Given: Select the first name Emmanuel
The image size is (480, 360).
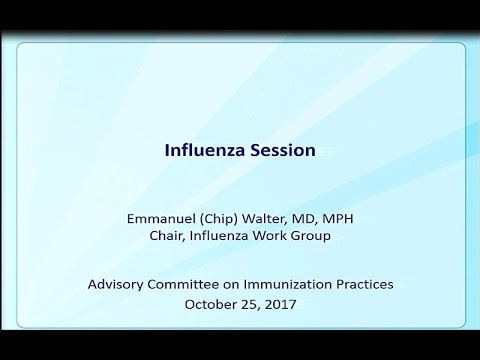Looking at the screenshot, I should (x=156, y=217).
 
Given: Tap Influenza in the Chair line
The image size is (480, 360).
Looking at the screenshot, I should (x=217, y=236).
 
